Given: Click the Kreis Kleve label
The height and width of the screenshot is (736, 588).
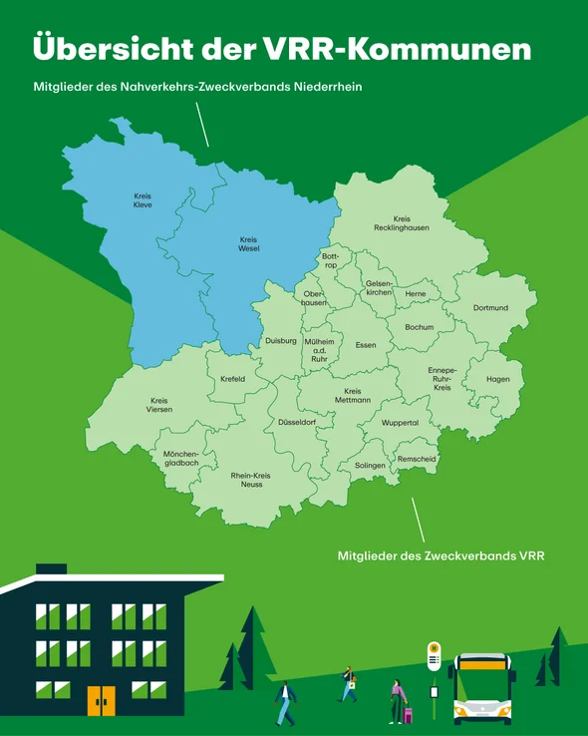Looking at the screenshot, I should click(143, 200).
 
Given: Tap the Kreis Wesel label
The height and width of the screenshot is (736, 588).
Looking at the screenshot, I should click(249, 243).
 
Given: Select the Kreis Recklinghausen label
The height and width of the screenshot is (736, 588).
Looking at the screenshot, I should click(402, 222).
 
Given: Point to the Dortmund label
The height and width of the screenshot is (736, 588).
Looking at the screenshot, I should click(490, 308).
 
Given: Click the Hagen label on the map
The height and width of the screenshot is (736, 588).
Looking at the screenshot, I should click(498, 379).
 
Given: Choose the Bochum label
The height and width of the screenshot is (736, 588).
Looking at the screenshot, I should click(419, 327).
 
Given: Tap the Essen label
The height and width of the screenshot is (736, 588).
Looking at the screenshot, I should click(366, 345).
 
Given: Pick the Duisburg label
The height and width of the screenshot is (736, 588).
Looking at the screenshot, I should click(281, 341).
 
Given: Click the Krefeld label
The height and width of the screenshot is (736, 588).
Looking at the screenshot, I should click(232, 379).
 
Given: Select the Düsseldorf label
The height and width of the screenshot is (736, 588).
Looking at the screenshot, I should click(297, 423).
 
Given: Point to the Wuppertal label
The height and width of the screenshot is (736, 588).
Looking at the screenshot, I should click(400, 423).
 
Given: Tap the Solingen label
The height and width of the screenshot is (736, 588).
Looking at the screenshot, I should click(370, 466).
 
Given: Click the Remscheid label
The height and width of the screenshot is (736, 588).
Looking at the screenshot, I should click(417, 459).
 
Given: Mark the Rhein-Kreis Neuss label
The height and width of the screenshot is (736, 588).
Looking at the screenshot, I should click(251, 480).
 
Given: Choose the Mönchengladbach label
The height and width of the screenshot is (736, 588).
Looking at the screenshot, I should click(181, 458).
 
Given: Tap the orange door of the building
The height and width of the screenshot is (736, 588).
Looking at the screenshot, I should click(101, 701).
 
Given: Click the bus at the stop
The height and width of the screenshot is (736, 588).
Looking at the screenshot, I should click(483, 688).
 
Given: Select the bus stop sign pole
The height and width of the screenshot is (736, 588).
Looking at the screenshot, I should click(434, 683).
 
